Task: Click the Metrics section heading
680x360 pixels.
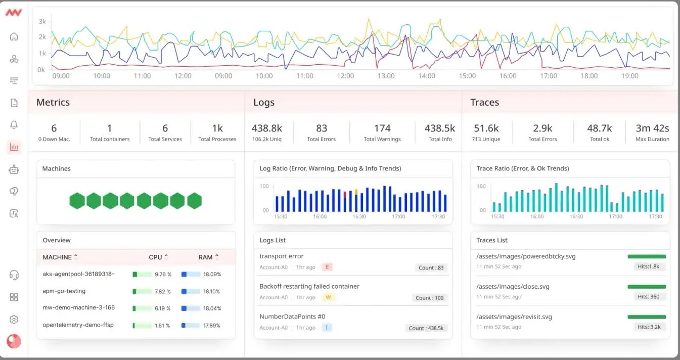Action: click(53, 102)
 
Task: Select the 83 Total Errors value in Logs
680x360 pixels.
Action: click(321, 128)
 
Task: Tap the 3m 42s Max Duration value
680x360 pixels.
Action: click(652, 128)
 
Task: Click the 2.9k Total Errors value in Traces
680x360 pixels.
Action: click(542, 128)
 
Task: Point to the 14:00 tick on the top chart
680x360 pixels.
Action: click(427, 76)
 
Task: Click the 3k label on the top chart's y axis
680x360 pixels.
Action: click(42, 21)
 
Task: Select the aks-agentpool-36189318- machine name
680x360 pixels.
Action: click(78, 274)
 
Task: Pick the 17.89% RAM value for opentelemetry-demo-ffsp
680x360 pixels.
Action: click(211, 325)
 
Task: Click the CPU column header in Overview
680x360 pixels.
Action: click(156, 257)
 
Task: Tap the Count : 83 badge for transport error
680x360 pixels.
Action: click(431, 267)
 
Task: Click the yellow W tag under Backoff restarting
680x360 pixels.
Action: click(328, 297)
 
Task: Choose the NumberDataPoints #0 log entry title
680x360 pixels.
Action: click(292, 317)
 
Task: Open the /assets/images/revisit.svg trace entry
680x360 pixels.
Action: click(514, 317)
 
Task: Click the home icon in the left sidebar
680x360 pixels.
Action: click(14, 36)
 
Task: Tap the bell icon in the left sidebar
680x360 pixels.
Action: click(14, 125)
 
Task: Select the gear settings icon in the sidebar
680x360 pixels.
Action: click(14, 319)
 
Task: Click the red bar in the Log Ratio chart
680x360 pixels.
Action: click(345, 194)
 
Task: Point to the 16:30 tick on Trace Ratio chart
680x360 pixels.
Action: click(576, 216)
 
